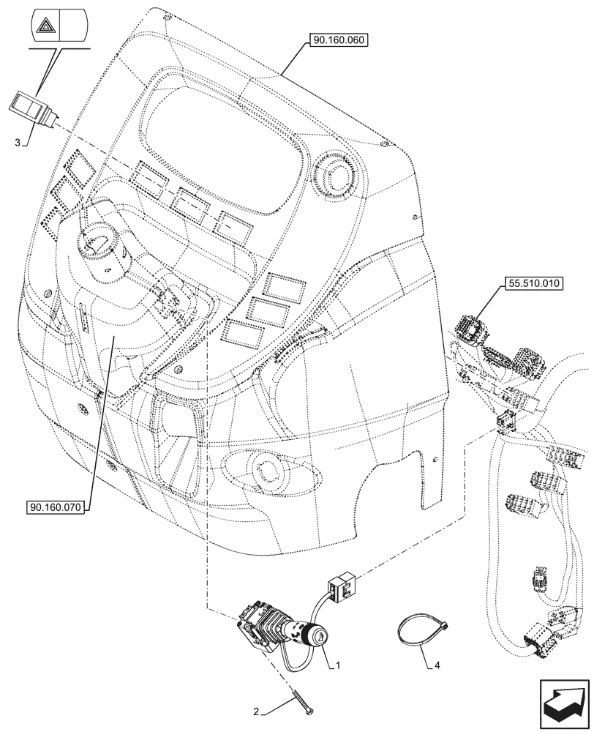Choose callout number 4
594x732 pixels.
(438, 666)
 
